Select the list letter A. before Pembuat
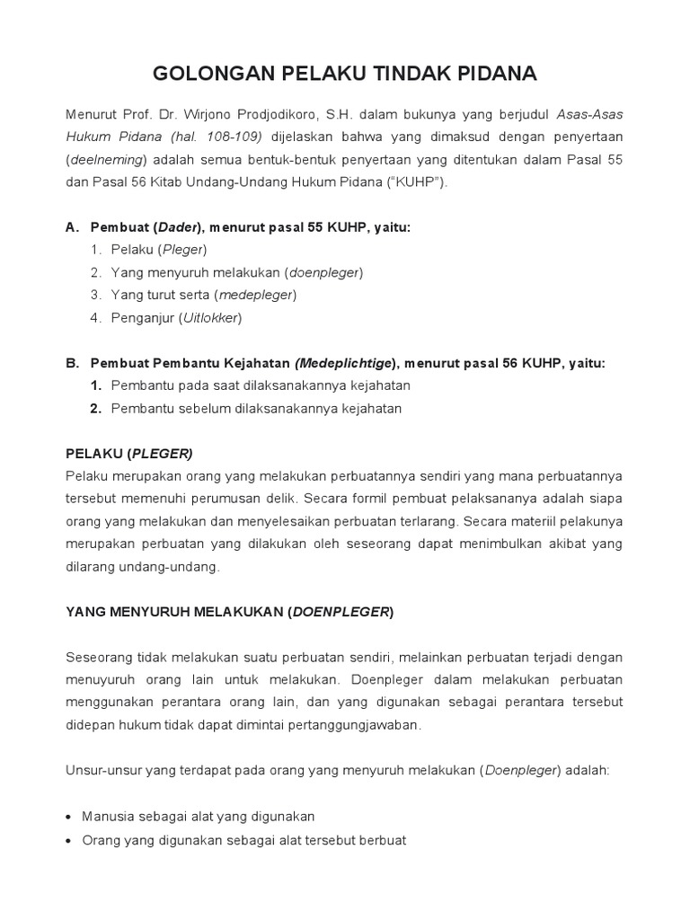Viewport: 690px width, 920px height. (x=73, y=227)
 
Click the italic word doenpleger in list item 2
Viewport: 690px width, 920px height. (x=323, y=271)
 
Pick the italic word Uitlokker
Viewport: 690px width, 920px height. (x=212, y=317)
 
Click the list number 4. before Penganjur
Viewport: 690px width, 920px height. (x=96, y=317)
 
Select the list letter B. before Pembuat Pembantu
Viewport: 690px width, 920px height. (x=73, y=363)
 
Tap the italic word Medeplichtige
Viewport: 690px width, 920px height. (x=346, y=363)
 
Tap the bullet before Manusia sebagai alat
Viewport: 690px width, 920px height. (x=71, y=817)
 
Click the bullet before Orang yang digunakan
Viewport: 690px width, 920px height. (x=71, y=840)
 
